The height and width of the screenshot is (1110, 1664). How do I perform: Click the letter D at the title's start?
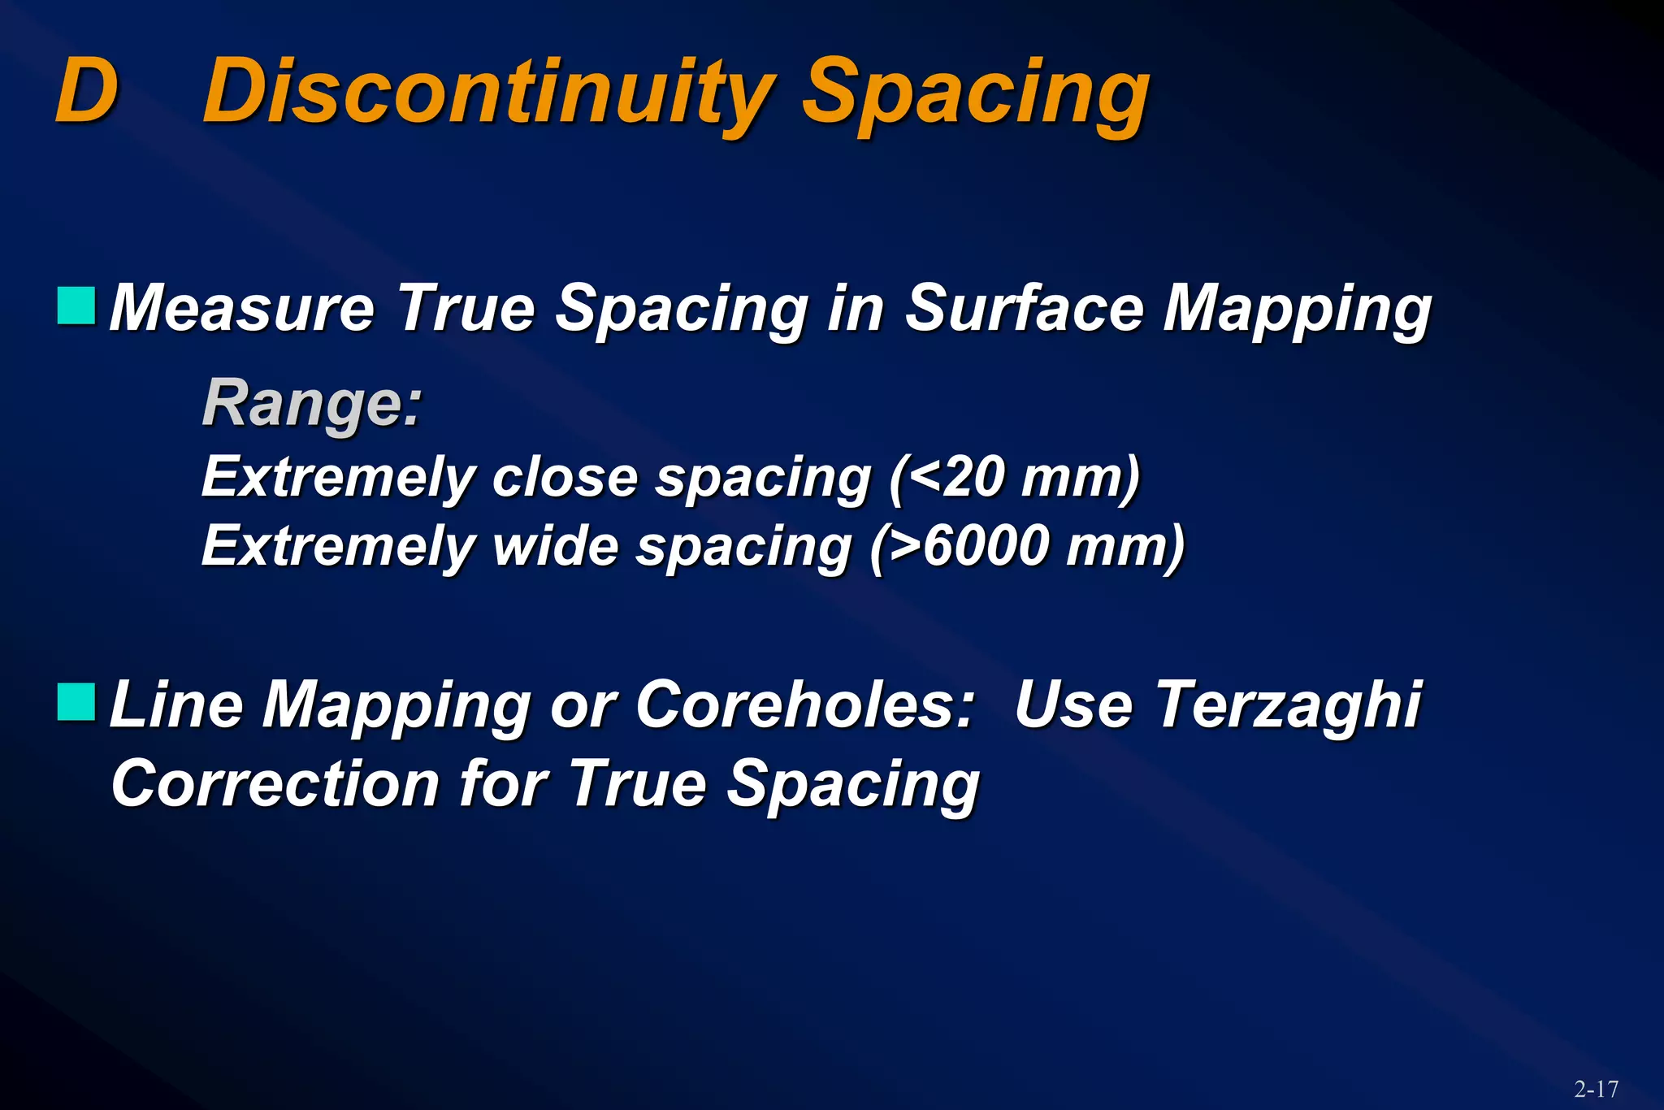coord(87,91)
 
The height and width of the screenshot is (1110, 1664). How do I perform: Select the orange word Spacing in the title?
coord(975,96)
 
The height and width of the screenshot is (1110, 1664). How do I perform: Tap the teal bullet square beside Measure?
coord(76,306)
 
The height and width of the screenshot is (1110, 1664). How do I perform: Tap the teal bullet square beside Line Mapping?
coord(76,702)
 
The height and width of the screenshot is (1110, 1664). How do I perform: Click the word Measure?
coord(241,309)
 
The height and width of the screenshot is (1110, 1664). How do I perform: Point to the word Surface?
coord(1023,309)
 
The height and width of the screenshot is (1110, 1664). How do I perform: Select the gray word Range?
coord(312,403)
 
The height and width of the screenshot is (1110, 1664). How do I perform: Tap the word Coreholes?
coord(804,705)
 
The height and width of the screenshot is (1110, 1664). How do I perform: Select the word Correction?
coord(275,784)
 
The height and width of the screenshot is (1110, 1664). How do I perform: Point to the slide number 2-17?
coord(1596,1089)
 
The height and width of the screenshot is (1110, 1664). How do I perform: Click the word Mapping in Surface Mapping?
coord(1296,310)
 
